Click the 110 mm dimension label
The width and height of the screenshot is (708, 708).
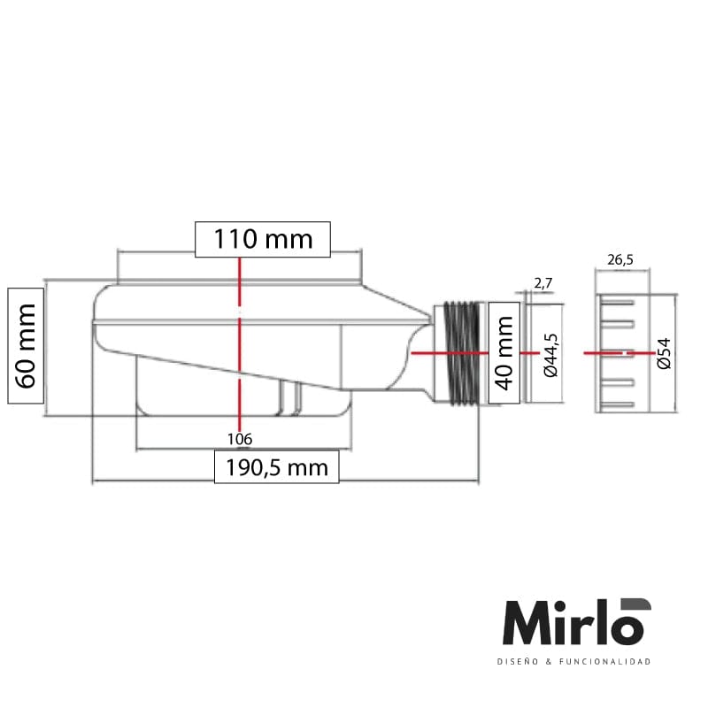pyautogui.click(x=263, y=239)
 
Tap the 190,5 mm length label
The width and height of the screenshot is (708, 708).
pyautogui.click(x=276, y=466)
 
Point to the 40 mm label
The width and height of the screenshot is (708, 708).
pyautogui.click(x=504, y=352)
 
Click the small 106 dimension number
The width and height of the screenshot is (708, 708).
pyautogui.click(x=240, y=439)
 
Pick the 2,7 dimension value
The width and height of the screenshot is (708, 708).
pyautogui.click(x=543, y=283)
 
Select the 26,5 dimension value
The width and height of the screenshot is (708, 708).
pyautogui.click(x=619, y=260)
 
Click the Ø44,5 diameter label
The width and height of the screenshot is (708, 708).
pyautogui.click(x=550, y=354)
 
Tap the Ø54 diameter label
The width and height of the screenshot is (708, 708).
pyautogui.click(x=664, y=353)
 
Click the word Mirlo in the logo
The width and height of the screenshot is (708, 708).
pyautogui.click(x=571, y=624)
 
